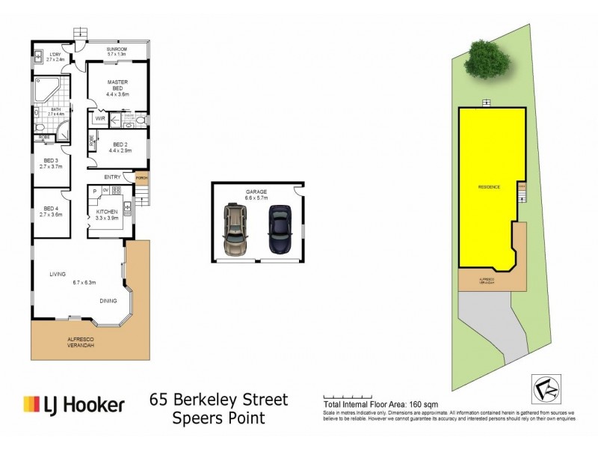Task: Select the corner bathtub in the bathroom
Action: [x=47, y=90]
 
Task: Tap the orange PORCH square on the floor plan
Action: [x=141, y=177]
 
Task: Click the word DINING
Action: [x=110, y=301]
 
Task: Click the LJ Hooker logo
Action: [x=73, y=405]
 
